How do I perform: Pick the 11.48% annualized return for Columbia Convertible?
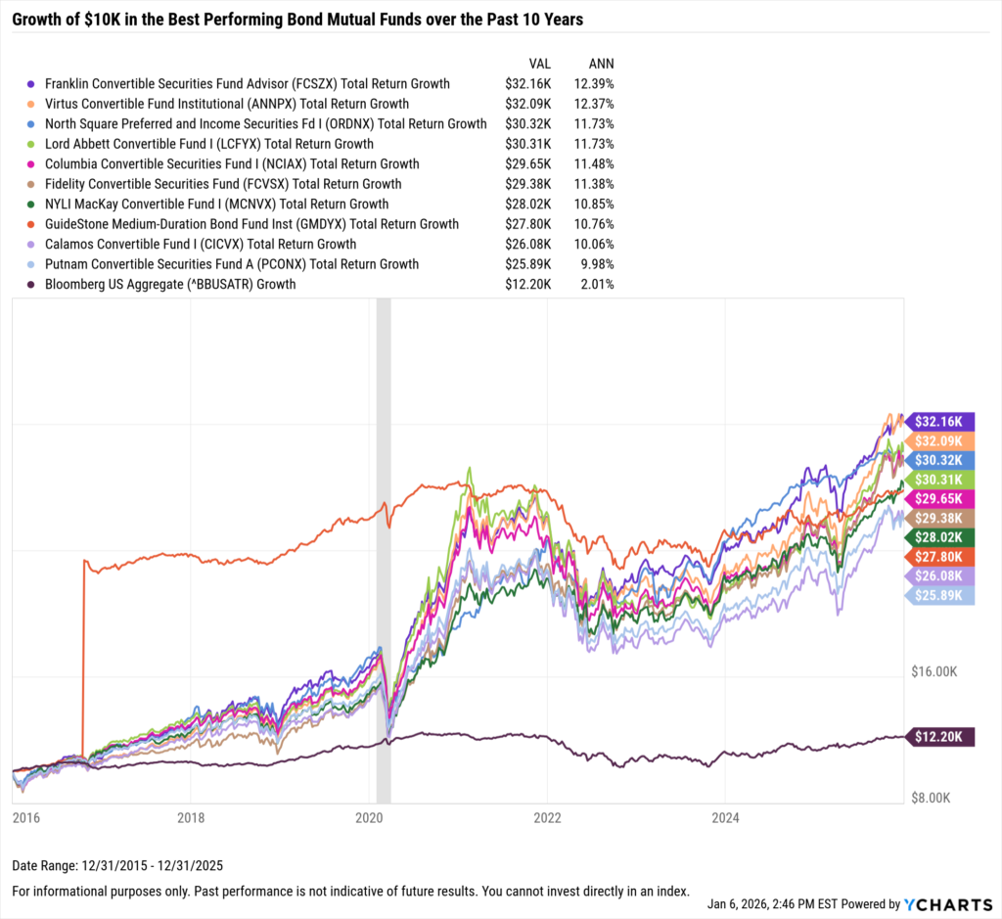593,164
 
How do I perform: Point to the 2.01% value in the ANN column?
596,285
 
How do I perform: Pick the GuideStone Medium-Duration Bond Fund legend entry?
251,224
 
